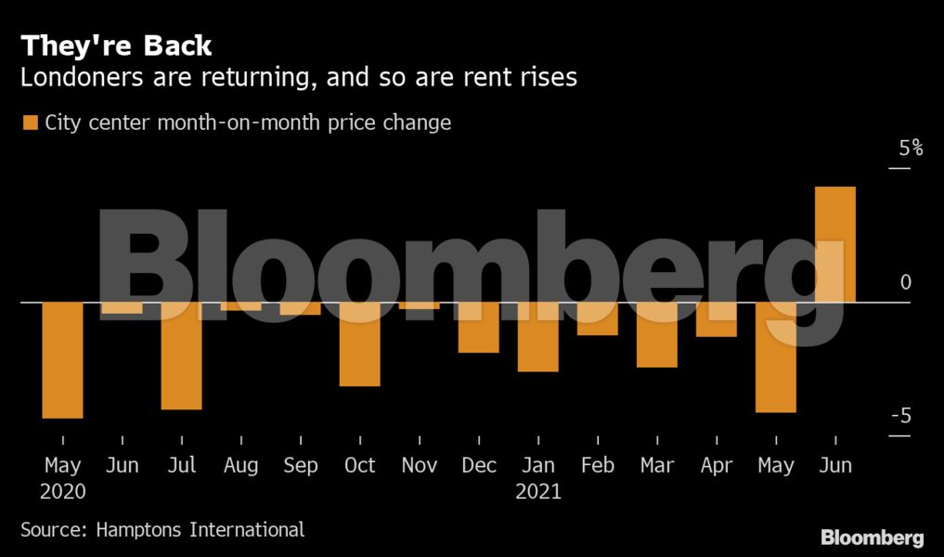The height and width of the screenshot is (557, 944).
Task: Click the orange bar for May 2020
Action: [63, 360]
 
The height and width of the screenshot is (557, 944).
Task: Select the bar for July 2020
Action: [182, 356]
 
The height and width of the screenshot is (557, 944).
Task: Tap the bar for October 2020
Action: [360, 344]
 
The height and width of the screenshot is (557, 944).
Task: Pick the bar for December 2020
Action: [479, 328]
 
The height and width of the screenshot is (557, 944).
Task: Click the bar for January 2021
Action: [538, 337]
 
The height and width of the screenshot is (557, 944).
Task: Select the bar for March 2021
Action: [657, 335]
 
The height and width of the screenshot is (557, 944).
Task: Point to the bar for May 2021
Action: [776, 357]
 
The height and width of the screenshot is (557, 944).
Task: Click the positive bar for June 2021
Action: [835, 245]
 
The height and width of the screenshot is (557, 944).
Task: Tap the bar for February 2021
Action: [598, 319]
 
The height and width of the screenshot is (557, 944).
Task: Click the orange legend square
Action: [31, 123]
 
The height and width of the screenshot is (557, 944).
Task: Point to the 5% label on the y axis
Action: [910, 148]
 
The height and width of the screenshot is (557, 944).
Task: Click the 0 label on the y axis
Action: [906, 282]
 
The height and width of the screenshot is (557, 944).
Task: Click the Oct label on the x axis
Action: [360, 465]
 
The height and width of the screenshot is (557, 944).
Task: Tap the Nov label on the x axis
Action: [420, 465]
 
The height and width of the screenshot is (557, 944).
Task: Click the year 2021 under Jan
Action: [538, 491]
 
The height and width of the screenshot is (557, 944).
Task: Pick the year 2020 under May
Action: [63, 491]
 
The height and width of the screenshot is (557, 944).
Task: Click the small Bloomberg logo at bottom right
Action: [872, 538]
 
